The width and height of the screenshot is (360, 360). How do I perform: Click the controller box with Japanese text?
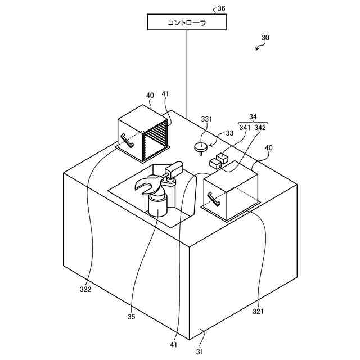click(187, 22)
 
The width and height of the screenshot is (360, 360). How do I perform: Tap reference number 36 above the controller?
click(221, 8)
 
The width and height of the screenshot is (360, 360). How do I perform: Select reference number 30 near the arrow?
click(265, 38)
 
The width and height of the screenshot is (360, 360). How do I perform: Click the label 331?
click(207, 120)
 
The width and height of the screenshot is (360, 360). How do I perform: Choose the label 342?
click(260, 128)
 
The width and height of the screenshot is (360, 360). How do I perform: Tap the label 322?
click(85, 290)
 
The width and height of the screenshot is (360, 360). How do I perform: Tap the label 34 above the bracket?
click(253, 116)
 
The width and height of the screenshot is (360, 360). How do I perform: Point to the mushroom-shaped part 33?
click(200, 147)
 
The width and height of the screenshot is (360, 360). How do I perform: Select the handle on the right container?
click(214, 199)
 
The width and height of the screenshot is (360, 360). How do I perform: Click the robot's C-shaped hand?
click(147, 185)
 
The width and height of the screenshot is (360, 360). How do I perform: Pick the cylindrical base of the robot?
click(157, 205)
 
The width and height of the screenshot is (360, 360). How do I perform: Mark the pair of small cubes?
click(219, 160)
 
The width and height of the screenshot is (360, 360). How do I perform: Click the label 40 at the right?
click(269, 147)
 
